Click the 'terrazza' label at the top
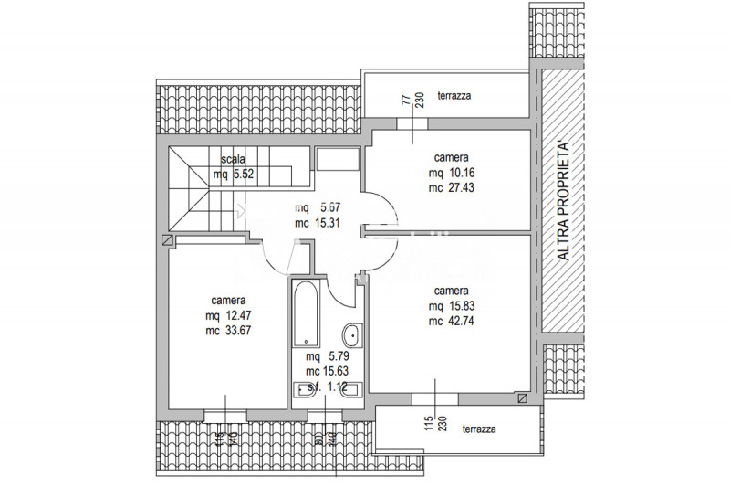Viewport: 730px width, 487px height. coord(454,96)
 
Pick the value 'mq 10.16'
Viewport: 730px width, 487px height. coord(454,172)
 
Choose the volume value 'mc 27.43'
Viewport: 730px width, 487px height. coord(454,187)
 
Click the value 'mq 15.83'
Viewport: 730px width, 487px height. coord(453,306)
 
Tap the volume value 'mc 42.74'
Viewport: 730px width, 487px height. coord(453,321)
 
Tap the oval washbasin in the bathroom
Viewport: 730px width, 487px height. coord(350,333)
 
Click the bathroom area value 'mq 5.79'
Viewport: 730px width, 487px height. coord(325,356)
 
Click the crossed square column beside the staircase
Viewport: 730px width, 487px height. coord(165,240)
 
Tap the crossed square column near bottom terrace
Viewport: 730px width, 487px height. coord(522,398)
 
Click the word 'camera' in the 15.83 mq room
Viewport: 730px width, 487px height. coord(453,291)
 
